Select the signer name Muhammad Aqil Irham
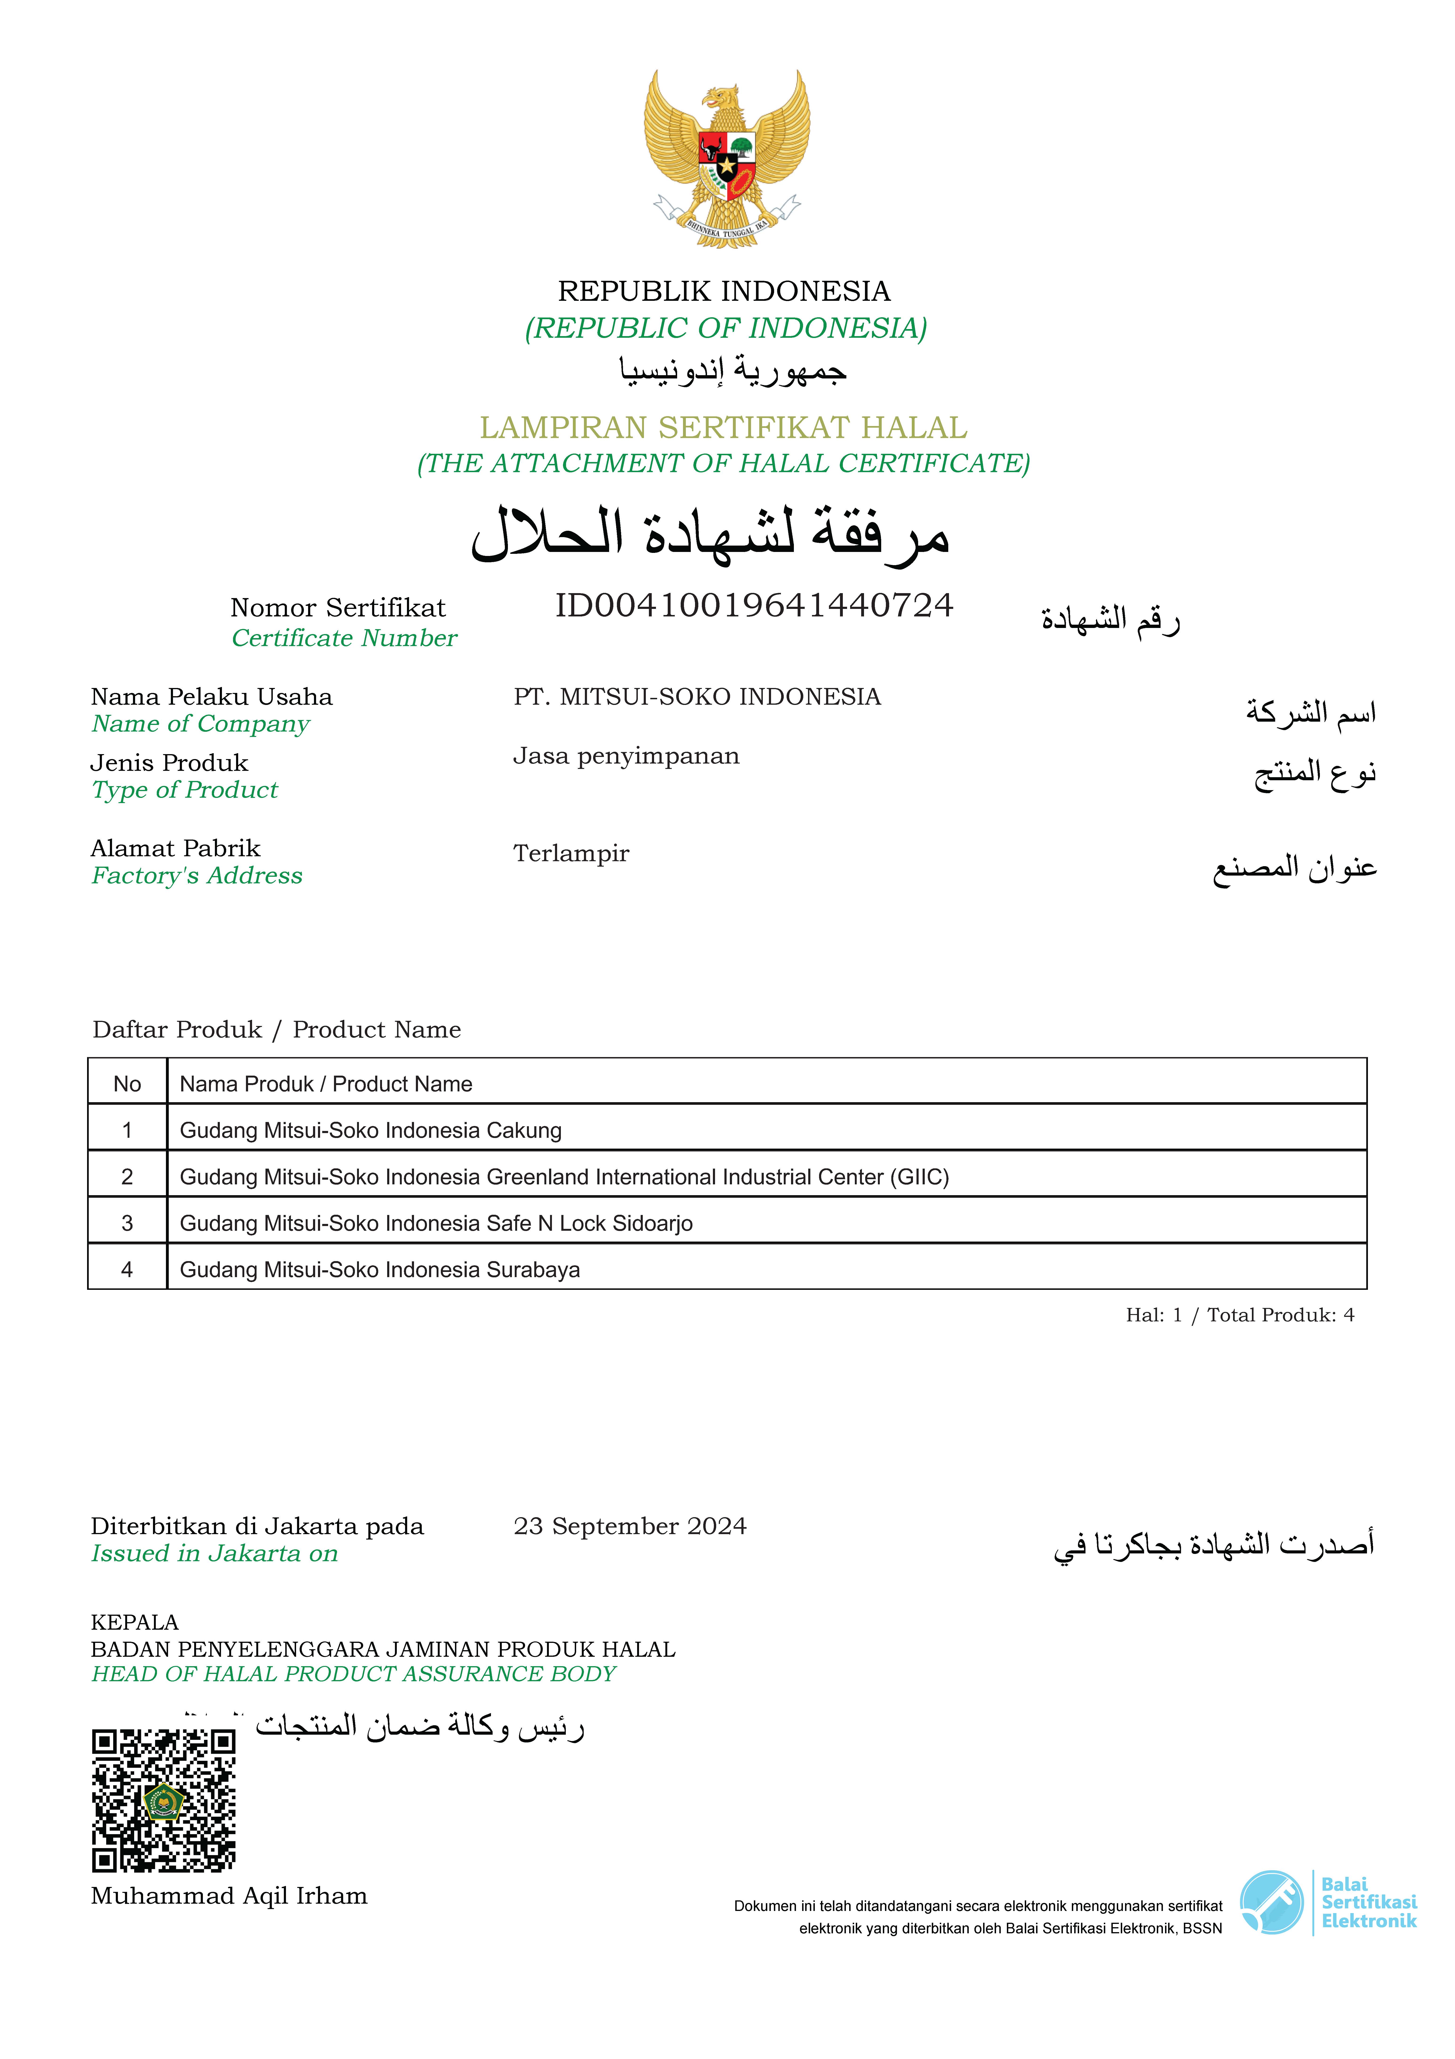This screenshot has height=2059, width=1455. (229, 1896)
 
